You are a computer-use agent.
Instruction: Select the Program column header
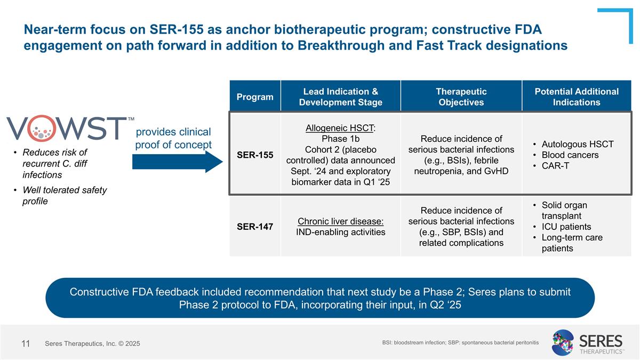point(255,97)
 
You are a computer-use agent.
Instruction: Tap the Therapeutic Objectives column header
point(461,97)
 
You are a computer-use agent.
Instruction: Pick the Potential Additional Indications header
point(576,97)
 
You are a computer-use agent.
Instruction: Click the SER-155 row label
point(255,155)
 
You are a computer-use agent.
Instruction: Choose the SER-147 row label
point(255,227)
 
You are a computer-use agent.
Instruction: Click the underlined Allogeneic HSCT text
point(340,128)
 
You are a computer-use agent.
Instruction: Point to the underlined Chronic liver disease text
point(340,221)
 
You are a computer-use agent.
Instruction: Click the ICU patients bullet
point(566,227)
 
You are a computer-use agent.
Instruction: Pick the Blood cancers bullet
point(570,155)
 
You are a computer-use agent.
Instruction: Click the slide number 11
point(25,343)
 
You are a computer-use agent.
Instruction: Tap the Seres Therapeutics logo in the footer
point(587,342)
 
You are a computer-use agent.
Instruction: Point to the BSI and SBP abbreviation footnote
point(460,341)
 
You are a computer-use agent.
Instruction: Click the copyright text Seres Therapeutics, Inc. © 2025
point(92,344)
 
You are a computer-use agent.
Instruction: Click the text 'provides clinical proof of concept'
point(173,138)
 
